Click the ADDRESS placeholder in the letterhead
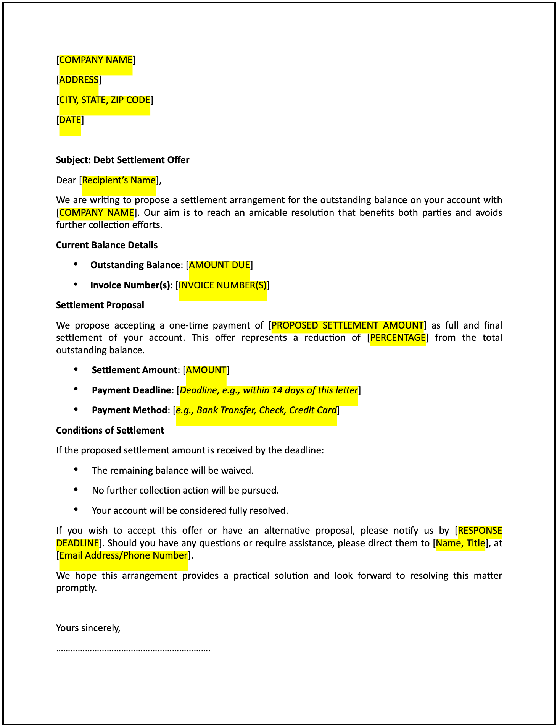(x=79, y=80)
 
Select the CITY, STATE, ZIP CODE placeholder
(x=105, y=100)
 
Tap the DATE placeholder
(x=70, y=120)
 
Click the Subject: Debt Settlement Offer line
(x=122, y=160)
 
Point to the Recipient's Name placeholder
(x=119, y=180)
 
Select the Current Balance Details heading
(x=107, y=245)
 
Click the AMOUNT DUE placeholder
(x=219, y=265)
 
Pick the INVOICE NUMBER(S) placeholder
(x=223, y=285)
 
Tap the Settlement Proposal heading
(x=100, y=305)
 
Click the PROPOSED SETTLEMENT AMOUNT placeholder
(x=347, y=325)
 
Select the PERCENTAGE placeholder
(x=398, y=338)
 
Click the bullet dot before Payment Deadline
(x=76, y=389)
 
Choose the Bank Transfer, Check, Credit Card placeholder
(x=256, y=410)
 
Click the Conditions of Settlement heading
(x=110, y=431)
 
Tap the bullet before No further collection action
(x=76, y=489)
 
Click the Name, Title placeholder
(x=460, y=543)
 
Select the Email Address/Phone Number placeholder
(x=123, y=555)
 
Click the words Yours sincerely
(x=88, y=628)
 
